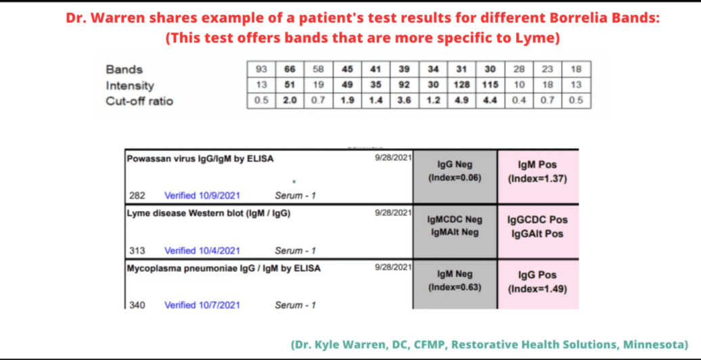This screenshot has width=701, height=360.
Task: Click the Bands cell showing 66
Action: point(290,69)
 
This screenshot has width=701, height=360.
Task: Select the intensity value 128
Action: point(462,85)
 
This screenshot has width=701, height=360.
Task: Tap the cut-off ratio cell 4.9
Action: point(462,101)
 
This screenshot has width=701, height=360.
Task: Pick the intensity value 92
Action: point(405,85)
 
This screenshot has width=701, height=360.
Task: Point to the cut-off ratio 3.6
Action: point(405,101)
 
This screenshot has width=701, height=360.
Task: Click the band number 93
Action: point(262,69)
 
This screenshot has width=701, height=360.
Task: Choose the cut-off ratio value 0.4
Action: point(519,101)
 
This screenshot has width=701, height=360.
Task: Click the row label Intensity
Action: point(130,85)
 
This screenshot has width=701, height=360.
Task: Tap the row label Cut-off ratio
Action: point(139,101)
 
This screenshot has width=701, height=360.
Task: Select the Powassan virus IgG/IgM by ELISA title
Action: point(200,159)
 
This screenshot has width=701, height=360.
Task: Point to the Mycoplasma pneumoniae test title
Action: point(223,269)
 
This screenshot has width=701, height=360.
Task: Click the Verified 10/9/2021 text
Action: point(202,196)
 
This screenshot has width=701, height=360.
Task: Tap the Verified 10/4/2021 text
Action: point(202,250)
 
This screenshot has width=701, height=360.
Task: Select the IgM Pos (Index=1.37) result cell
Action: point(538,177)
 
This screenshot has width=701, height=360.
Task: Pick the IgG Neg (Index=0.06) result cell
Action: point(455,177)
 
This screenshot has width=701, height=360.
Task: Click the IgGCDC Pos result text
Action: point(537,220)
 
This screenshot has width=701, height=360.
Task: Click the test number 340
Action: point(137,305)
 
